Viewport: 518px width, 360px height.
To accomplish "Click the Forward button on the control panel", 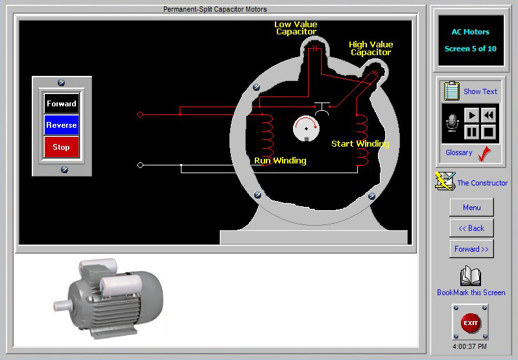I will [x=62, y=104].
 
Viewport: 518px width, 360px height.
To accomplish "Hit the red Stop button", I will [x=62, y=147].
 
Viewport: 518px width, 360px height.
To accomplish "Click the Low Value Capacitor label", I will [x=296, y=28].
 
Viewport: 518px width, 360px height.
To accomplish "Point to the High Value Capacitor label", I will [x=371, y=49].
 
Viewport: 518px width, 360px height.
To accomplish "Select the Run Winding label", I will [x=280, y=160].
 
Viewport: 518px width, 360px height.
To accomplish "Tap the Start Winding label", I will [x=360, y=143].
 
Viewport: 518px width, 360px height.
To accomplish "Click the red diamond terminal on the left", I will [x=140, y=115].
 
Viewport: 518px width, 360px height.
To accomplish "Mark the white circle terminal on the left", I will [x=140, y=165].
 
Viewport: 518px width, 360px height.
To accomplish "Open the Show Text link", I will [x=480, y=91].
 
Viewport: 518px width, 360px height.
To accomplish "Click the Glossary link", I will [x=459, y=152].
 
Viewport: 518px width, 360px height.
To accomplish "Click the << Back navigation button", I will [x=471, y=228].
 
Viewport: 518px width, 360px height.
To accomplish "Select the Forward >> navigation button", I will [x=471, y=249].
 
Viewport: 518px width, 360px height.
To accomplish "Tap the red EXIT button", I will [x=471, y=322].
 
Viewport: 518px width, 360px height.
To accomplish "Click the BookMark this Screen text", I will [x=471, y=293].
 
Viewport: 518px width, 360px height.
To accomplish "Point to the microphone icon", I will [x=452, y=123].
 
